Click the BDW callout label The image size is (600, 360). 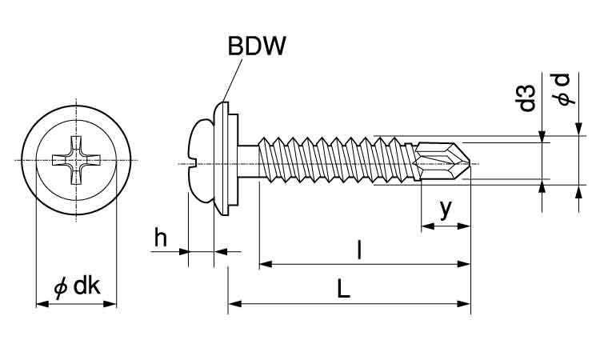pos(257,46)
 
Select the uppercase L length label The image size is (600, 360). pos(343,289)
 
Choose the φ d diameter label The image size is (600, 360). pos(566,90)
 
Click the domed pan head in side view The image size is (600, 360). pos(200,163)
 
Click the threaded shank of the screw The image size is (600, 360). pos(336,163)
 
